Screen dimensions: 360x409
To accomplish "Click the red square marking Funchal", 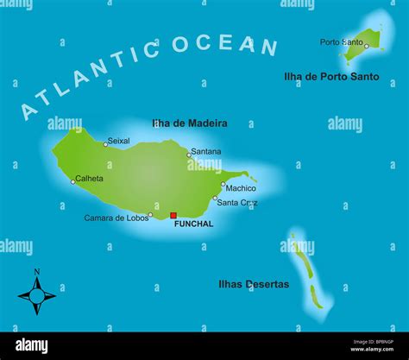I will click(x=173, y=216).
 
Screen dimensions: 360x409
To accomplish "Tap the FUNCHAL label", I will click(x=193, y=224).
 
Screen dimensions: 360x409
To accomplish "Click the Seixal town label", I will click(x=119, y=141).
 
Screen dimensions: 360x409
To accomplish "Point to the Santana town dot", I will click(x=189, y=155).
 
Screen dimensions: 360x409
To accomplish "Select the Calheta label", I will click(x=90, y=179).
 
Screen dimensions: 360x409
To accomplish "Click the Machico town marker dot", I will click(x=223, y=184).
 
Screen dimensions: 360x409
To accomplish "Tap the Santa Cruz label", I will click(x=237, y=203).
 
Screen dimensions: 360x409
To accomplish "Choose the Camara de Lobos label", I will click(x=115, y=218).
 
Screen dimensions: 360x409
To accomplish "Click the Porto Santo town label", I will click(x=341, y=41).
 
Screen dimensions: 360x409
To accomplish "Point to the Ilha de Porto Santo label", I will click(x=331, y=77).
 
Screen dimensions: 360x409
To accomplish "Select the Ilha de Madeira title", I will click(x=189, y=123).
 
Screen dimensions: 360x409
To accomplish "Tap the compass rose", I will click(x=36, y=296).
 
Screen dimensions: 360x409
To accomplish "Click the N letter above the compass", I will click(x=36, y=273).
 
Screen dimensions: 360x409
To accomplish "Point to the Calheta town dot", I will click(x=72, y=181).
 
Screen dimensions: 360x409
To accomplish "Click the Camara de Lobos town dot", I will click(x=150, y=215).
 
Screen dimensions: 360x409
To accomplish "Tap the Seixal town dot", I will click(x=105, y=144).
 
